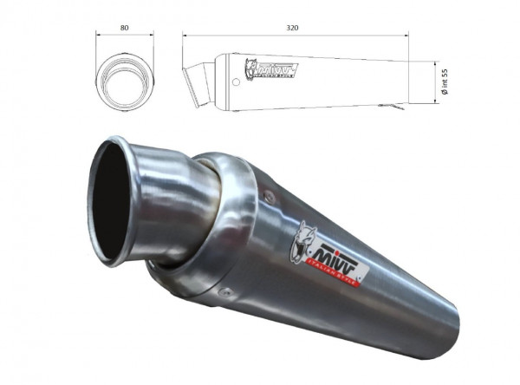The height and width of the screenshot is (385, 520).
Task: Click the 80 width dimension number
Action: (x=125, y=28)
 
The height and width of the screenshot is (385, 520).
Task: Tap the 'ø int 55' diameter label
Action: (x=444, y=82)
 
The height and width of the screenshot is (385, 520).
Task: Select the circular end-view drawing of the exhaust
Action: (x=125, y=81)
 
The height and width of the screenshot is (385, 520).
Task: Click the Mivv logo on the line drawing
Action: (x=270, y=69)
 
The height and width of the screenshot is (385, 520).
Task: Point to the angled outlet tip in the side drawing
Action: (x=198, y=84)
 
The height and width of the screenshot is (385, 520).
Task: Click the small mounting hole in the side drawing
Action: (x=235, y=82)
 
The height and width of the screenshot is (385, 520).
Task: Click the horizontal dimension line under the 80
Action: (x=125, y=36)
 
